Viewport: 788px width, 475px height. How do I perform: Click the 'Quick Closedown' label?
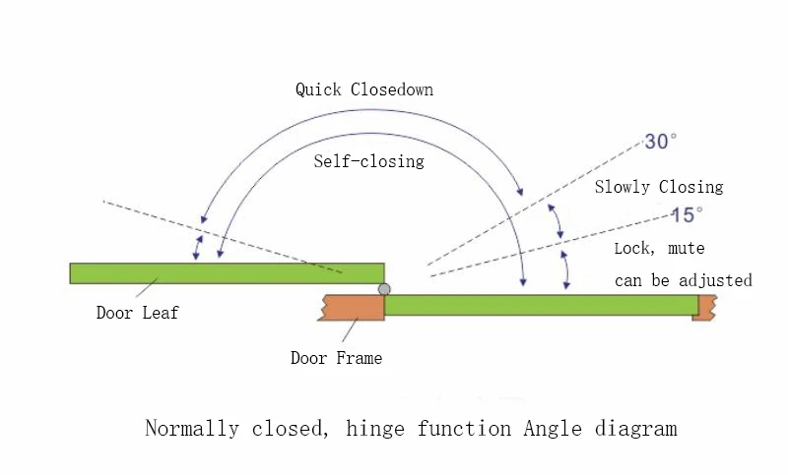(x=364, y=89)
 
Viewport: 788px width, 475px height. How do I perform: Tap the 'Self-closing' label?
(x=368, y=160)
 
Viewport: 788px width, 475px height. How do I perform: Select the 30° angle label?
(x=661, y=142)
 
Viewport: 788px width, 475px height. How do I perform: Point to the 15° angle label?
(x=687, y=214)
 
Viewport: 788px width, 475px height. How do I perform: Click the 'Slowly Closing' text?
(x=658, y=187)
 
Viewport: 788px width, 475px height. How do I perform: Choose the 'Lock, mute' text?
(x=659, y=249)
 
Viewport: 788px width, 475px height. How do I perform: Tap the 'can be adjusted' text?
(x=683, y=280)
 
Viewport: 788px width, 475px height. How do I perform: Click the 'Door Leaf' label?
(x=137, y=314)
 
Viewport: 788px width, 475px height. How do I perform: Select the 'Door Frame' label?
(x=336, y=358)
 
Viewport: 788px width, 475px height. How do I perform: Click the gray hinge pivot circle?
(x=384, y=289)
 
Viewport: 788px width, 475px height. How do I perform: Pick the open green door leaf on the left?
(x=227, y=272)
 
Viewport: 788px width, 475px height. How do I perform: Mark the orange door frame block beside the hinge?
(x=351, y=307)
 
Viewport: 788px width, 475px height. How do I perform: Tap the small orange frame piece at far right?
(x=704, y=307)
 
